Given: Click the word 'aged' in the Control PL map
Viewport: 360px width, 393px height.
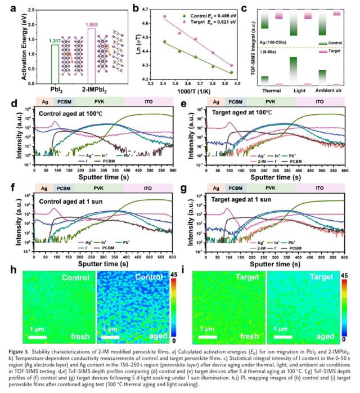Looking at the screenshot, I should (x=153, y=338).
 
